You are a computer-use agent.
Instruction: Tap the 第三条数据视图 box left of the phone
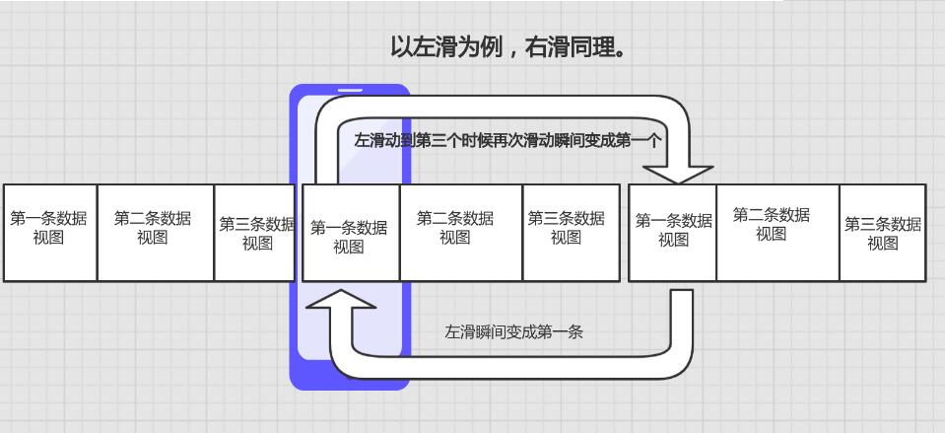point(255,233)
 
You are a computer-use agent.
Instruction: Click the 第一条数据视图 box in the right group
point(672,233)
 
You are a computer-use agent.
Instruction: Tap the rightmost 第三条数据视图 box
point(882,233)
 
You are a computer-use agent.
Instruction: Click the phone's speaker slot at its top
point(350,91)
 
